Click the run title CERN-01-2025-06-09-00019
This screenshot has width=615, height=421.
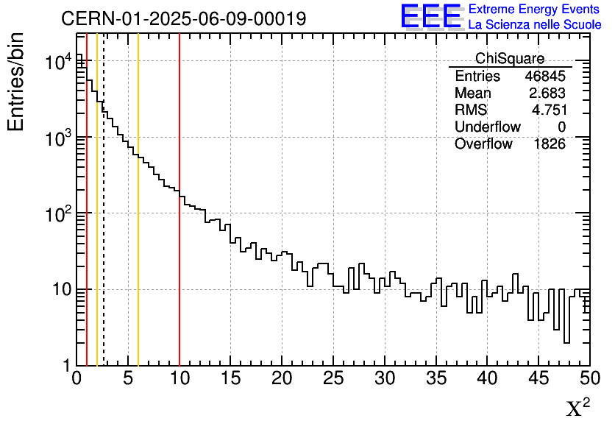point(184,18)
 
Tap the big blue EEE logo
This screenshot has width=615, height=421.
point(430,16)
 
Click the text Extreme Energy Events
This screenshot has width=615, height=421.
point(534,10)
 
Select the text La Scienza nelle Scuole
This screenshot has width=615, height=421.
point(534,25)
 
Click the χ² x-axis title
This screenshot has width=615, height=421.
point(578,407)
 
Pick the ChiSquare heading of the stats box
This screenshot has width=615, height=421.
point(510,59)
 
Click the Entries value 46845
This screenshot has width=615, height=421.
point(545,77)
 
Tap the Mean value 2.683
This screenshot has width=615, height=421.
point(547,93)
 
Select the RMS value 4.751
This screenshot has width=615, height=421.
point(549,110)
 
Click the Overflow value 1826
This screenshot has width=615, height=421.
point(549,144)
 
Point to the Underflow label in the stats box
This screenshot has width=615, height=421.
point(488,127)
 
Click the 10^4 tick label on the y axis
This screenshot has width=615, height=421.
point(58,63)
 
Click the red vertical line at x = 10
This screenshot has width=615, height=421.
point(179,258)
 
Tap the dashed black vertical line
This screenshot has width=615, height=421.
point(104,258)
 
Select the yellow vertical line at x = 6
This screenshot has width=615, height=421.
point(138,258)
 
